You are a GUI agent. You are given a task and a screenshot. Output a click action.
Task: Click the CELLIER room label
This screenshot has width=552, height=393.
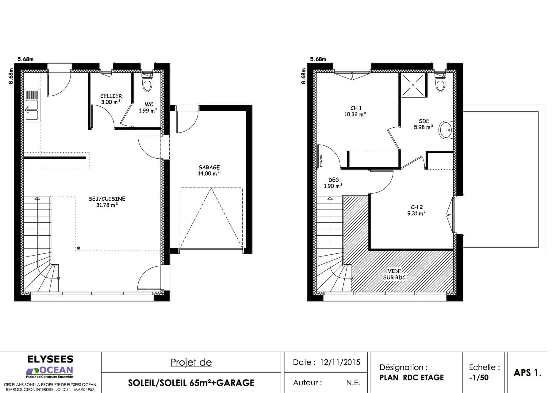point(111,96)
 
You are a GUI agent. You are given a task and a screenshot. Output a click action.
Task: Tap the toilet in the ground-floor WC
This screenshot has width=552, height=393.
point(147,85)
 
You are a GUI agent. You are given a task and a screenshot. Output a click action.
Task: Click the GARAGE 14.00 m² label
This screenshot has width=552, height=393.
point(209,170)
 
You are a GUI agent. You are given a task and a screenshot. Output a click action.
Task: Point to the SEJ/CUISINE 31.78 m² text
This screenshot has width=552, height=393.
point(107,202)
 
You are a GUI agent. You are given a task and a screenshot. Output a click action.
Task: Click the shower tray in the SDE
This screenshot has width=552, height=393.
point(413,85)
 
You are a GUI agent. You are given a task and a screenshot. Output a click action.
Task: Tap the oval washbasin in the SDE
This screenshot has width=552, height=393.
point(446,130)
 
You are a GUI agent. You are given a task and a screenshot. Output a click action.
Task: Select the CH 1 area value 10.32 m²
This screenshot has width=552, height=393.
point(355,114)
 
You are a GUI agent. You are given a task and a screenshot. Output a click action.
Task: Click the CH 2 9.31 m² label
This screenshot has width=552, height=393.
point(416,210)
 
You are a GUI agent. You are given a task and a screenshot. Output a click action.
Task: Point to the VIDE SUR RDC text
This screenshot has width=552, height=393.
point(394,274)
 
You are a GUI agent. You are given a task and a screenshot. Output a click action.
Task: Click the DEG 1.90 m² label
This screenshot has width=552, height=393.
point(333,183)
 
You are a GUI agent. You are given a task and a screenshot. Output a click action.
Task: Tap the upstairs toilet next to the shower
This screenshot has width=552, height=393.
point(440,85)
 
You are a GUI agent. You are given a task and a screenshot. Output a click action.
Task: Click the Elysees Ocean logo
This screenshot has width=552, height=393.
point(50,367)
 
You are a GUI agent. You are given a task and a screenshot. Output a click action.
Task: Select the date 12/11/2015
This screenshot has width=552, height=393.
point(340,362)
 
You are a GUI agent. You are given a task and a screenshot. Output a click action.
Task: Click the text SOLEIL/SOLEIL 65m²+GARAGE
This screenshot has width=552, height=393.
point(191,383)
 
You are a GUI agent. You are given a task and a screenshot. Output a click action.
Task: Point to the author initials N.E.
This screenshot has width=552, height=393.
point(353,383)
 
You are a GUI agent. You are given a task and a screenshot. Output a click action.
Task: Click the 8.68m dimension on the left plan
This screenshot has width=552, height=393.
point(11,76)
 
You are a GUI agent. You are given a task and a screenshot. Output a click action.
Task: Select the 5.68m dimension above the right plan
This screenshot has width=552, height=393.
point(318,59)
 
